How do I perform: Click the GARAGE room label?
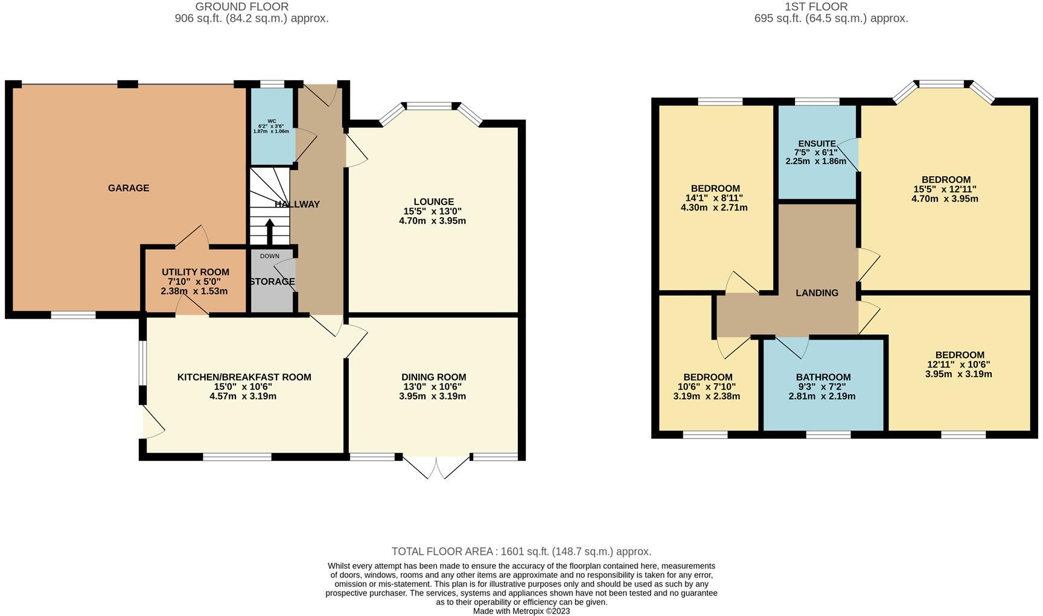click(x=129, y=188)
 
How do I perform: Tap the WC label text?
click(x=272, y=121)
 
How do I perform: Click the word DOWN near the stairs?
click(x=270, y=256)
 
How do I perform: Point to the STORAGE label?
click(x=272, y=282)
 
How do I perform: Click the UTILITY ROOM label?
click(x=195, y=272)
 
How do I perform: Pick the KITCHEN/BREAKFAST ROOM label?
click(x=244, y=377)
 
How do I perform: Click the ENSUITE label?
click(x=817, y=144)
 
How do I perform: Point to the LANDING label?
click(x=817, y=293)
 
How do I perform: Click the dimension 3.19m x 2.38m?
click(x=706, y=396)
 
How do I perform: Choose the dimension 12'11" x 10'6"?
click(x=958, y=364)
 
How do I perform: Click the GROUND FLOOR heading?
click(x=241, y=7)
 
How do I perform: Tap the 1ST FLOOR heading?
click(x=816, y=7)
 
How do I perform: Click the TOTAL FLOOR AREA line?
click(x=521, y=551)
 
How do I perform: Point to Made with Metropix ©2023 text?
click(x=521, y=611)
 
